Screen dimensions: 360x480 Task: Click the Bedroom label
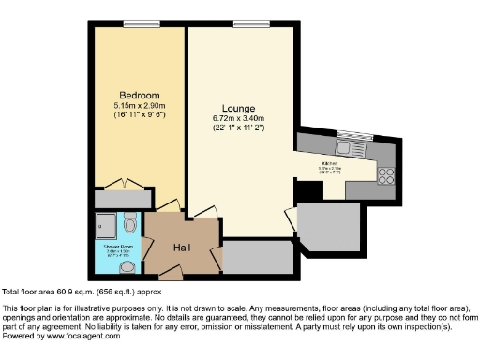pyautogui.click(x=140, y=96)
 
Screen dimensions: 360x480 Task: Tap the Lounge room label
pyautogui.click(x=234, y=109)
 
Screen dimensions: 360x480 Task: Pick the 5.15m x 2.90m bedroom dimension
pyautogui.click(x=140, y=106)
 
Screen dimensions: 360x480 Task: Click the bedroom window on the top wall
pyautogui.click(x=140, y=23)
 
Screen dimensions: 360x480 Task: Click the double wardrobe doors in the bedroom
pyautogui.click(x=140, y=184)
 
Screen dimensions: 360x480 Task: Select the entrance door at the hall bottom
pyautogui.click(x=171, y=275)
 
